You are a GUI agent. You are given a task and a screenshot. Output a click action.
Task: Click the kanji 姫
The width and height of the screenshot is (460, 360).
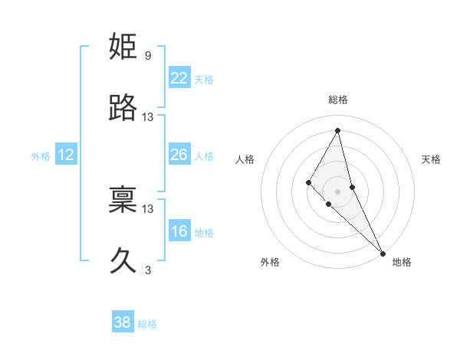tap(123, 47)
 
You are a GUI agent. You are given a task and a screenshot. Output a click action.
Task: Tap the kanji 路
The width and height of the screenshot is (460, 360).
tap(123, 108)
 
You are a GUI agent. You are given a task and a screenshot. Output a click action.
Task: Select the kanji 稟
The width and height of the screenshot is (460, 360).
tap(123, 200)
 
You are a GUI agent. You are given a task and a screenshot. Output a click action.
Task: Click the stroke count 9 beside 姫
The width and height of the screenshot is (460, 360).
tap(148, 56)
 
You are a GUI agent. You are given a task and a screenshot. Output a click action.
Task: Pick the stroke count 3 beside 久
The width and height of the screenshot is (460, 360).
tap(148, 270)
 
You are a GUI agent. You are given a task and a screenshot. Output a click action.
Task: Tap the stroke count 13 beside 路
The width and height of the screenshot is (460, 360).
tap(148, 117)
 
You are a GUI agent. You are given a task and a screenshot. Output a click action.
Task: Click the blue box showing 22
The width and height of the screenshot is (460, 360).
tap(179, 78)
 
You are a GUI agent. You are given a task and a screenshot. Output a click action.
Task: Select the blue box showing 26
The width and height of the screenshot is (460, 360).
tap(179, 155)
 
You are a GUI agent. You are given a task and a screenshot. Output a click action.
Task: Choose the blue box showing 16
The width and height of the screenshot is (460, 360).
tap(179, 231)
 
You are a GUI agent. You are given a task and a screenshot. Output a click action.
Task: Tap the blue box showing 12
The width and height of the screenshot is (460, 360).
tap(66, 155)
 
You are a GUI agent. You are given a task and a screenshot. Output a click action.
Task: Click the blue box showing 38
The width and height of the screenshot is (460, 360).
tap(123, 322)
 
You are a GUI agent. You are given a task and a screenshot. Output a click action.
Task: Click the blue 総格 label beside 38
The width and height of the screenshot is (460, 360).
tap(147, 324)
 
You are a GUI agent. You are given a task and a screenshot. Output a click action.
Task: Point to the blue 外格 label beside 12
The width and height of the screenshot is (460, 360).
tap(41, 156)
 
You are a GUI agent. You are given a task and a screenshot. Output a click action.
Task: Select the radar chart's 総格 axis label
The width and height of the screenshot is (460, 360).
tap(338, 100)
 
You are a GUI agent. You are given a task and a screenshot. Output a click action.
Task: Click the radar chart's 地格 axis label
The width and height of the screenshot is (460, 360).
tap(402, 262)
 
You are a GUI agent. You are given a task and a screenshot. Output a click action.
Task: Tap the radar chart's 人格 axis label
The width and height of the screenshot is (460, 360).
tap(245, 159)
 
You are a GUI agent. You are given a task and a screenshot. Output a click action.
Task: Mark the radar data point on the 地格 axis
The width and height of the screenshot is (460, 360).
tap(383, 252)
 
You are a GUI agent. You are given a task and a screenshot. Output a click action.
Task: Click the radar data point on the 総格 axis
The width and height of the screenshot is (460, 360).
tap(338, 130)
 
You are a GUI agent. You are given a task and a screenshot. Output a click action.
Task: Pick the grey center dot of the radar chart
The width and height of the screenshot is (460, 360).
tap(338, 191)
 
